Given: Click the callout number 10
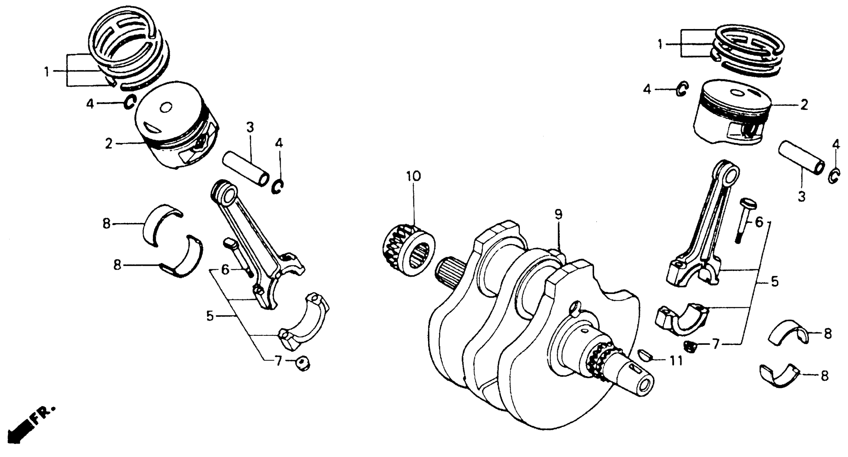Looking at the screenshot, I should point(413,177).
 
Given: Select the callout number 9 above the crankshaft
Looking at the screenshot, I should point(558,215).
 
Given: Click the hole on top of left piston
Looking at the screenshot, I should point(166,108).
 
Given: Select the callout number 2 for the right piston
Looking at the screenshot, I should point(804,105).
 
